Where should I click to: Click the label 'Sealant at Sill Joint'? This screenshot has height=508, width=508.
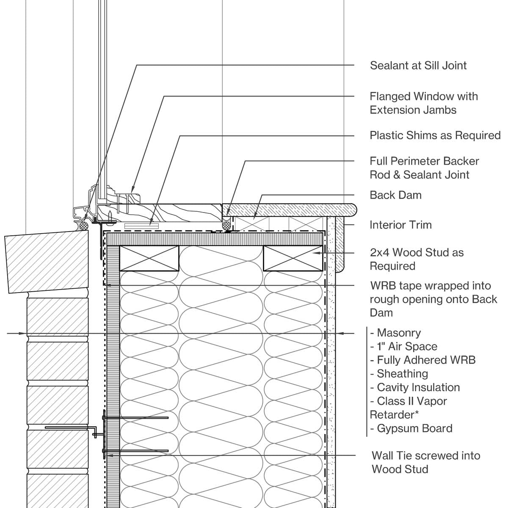[418, 66]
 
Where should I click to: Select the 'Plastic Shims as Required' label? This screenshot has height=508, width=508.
[435, 135]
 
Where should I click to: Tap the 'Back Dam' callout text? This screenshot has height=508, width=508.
[395, 195]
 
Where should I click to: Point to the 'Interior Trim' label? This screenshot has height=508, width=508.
[400, 225]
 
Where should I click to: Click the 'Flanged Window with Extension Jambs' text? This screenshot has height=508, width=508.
[423, 103]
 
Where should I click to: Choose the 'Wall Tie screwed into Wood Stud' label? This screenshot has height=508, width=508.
[425, 462]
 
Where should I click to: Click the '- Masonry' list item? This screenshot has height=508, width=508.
[395, 333]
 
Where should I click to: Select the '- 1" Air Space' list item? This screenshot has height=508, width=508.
[403, 347]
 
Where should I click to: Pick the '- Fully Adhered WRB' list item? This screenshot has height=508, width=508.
[422, 360]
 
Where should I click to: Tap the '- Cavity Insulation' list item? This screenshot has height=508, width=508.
[415, 387]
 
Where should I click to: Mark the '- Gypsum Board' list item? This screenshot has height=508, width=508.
[411, 428]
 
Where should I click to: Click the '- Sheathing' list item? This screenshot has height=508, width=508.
[399, 374]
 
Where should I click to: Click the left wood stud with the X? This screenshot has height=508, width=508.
[149, 258]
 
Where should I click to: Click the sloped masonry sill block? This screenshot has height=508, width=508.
[47, 262]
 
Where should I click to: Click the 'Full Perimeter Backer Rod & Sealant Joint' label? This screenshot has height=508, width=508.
[424, 168]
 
